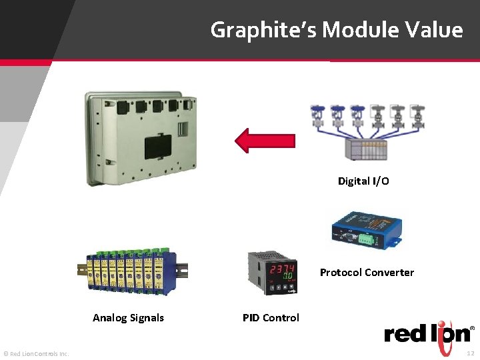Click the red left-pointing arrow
pyautogui.click(x=265, y=141)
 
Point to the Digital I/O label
pyautogui.click(x=363, y=181)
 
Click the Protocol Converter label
pyautogui.click(x=367, y=272)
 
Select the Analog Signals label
pyautogui.click(x=128, y=317)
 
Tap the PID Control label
pyautogui.click(x=271, y=317)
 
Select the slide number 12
pyautogui.click(x=471, y=353)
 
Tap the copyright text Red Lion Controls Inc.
pyautogui.click(x=36, y=353)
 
